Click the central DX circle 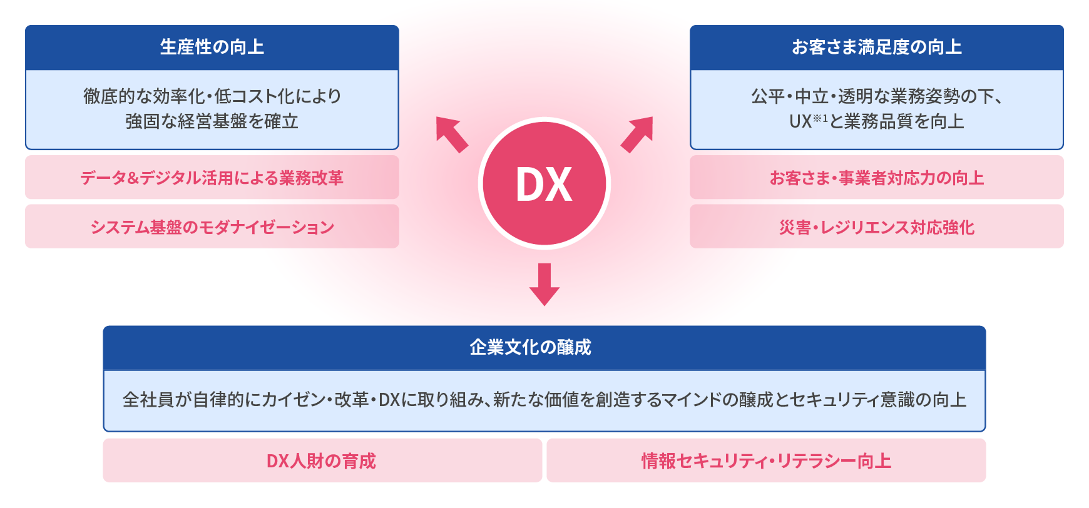pyautogui.click(x=544, y=184)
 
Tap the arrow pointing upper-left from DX pyautogui.click(x=452, y=134)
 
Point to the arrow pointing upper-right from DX pyautogui.click(x=637, y=134)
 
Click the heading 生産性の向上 pyautogui.click(x=212, y=47)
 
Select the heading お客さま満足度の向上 pyautogui.click(x=876, y=47)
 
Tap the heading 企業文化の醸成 pyautogui.click(x=530, y=347)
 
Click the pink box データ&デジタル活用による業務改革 pyautogui.click(x=212, y=178)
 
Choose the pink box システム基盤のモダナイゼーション pyautogui.click(x=212, y=226)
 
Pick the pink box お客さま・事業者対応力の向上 pyautogui.click(x=876, y=178)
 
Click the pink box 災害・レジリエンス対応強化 pyautogui.click(x=876, y=226)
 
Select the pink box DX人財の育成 pyautogui.click(x=322, y=461)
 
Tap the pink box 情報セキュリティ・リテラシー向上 pyautogui.click(x=766, y=461)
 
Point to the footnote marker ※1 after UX pyautogui.click(x=821, y=118)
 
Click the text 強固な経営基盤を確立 pyautogui.click(x=212, y=121)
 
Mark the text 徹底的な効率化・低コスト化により pyautogui.click(x=212, y=96)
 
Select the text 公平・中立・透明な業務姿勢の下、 pyautogui.click(x=876, y=96)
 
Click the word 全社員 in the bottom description pyautogui.click(x=148, y=400)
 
